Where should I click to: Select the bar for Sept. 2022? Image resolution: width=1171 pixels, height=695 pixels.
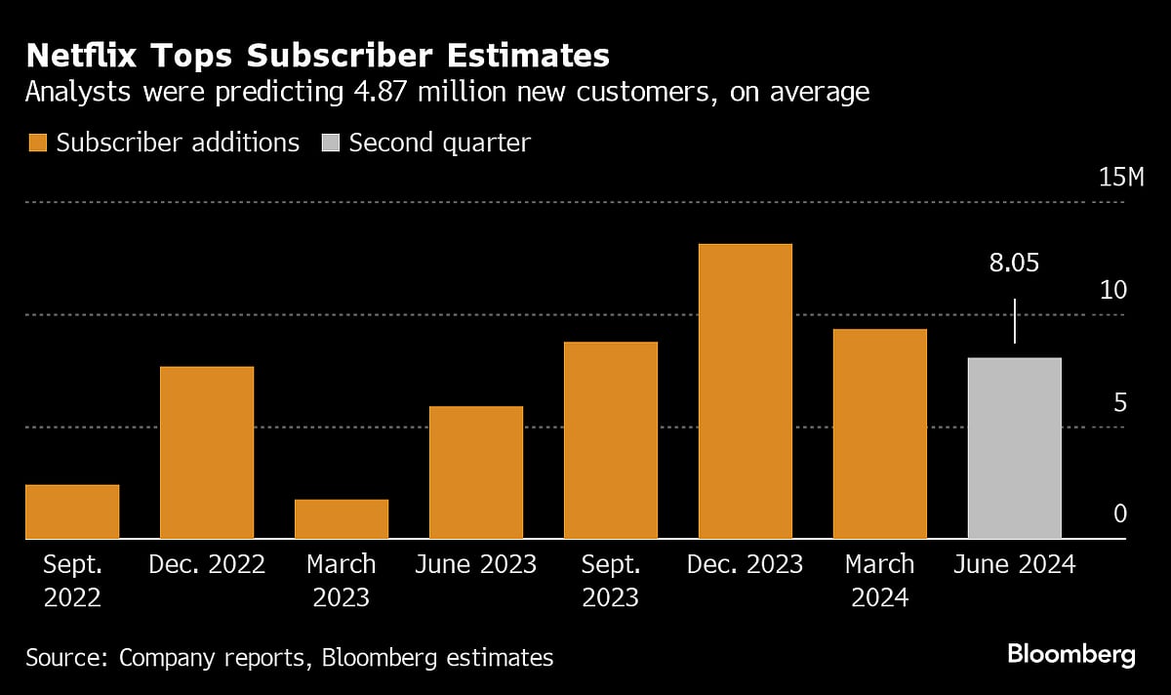[72, 511]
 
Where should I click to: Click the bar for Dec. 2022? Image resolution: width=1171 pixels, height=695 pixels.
[207, 453]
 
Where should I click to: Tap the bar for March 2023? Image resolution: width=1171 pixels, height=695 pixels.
[342, 519]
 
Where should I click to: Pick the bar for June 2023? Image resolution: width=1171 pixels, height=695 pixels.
[476, 472]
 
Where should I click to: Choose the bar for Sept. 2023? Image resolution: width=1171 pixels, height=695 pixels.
[611, 440]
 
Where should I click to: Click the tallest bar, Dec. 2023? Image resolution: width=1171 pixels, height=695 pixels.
[746, 391]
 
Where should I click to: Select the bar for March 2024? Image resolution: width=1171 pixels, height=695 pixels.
[880, 434]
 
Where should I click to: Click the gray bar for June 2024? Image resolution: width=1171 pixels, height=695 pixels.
[1015, 448]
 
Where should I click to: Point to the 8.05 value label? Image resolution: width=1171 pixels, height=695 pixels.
[1014, 264]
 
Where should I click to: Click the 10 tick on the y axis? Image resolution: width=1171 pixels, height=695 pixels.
[1112, 290]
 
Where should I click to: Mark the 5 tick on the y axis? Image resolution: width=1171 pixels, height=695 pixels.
[1119, 402]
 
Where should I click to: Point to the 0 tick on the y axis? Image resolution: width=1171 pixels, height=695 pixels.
[1119, 514]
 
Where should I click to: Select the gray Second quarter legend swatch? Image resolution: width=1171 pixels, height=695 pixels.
[330, 143]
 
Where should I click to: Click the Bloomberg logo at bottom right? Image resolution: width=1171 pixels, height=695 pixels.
[1070, 654]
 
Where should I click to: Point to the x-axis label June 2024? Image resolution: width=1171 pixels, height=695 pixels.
[1015, 564]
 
